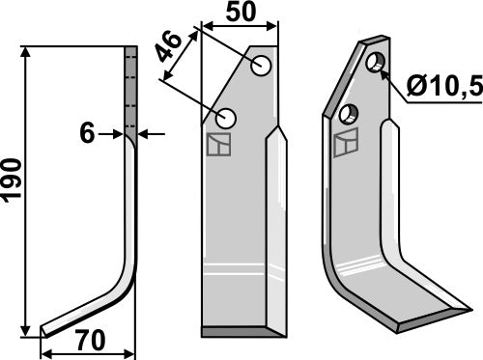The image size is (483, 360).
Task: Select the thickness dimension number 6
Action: (87, 134)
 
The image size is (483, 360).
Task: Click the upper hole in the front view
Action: (261, 67)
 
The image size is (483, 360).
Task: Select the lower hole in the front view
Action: (227, 119)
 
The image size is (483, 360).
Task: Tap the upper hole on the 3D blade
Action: (376, 64)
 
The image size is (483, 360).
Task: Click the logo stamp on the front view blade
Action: (218, 145)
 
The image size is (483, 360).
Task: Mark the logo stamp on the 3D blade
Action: (343, 145)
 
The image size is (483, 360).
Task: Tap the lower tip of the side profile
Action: (43, 333)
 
